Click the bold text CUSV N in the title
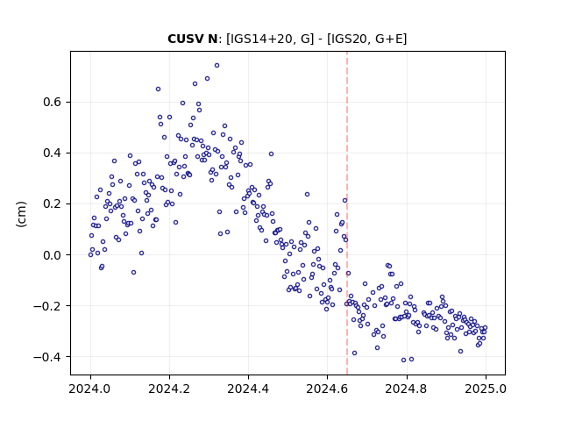pos(193,39)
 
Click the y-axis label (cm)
pos(21,214)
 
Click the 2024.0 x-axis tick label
pos(90,389)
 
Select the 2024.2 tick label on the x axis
pos(169,389)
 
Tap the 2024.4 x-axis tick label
pos(248,389)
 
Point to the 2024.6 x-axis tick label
pos(327,389)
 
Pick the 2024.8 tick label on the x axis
pos(407,389)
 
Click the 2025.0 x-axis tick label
pos(486,389)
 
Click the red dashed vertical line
pos(347,213)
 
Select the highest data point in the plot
pos(217,66)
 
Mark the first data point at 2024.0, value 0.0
pos(90,255)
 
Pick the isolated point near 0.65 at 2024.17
pos(158,89)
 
